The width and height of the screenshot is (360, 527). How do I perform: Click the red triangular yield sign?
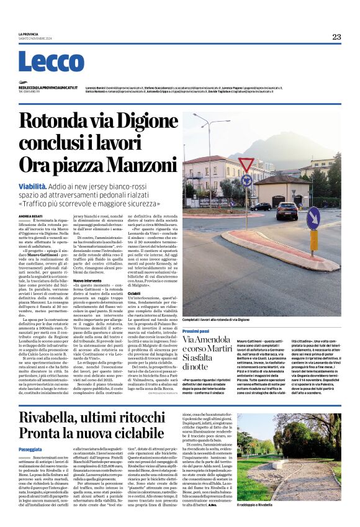pyautogui.click(x=246, y=165)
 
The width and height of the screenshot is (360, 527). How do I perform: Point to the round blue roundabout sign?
pyautogui.click(x=246, y=182)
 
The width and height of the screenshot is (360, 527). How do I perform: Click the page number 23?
pyautogui.click(x=336, y=37)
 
